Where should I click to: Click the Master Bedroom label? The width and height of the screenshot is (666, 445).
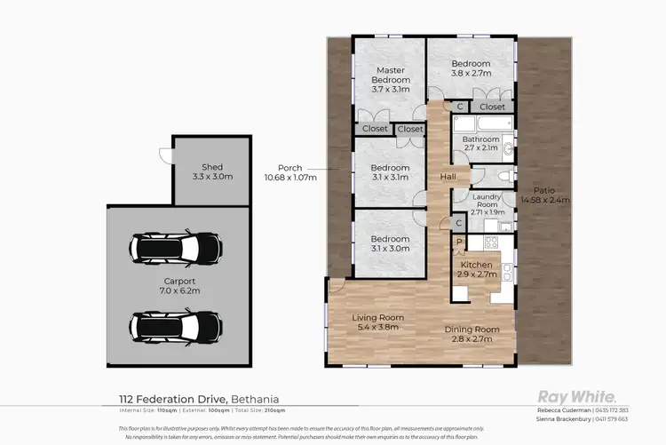click(x=391, y=80)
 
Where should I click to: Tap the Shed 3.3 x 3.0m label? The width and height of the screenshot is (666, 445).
click(x=211, y=171)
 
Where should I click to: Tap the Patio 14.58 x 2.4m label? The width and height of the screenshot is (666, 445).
click(x=545, y=195)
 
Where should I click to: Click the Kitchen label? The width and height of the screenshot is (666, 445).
click(x=476, y=269)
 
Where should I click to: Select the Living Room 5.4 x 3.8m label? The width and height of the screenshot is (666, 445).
click(x=378, y=322)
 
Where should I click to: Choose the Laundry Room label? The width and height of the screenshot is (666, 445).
click(x=488, y=204)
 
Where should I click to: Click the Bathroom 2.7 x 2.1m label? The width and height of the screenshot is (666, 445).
click(x=482, y=143)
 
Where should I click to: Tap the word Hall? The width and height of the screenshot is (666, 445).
click(x=448, y=177)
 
